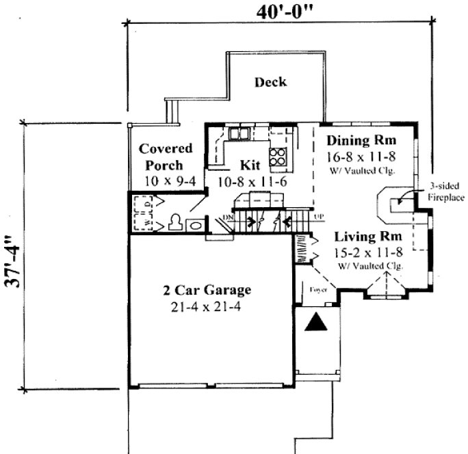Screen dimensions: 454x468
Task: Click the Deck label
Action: [270, 83]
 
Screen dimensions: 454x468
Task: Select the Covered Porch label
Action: [165, 157]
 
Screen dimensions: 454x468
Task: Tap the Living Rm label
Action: [368, 237]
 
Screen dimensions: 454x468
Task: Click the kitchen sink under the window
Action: [240, 133]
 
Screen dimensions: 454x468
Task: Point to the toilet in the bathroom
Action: [176, 223]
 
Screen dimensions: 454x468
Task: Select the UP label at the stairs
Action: [318, 217]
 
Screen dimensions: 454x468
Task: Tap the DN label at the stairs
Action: [228, 218]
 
